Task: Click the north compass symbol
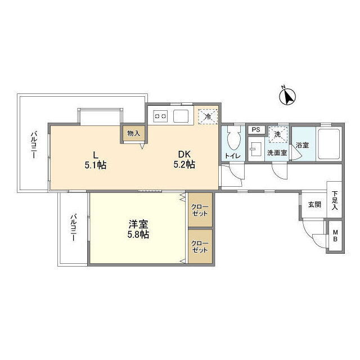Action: click(287, 96)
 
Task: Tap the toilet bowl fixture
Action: click(233, 138)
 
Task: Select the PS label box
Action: click(256, 129)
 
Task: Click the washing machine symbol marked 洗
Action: click(278, 134)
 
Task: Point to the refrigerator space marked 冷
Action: click(208, 116)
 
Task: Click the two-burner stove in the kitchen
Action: click(160, 116)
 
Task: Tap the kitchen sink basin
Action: click(181, 116)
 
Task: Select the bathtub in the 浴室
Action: click(328, 144)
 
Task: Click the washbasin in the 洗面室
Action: click(256, 149)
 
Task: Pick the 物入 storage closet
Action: click(133, 133)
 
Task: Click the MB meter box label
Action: click(335, 236)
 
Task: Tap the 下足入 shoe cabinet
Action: click(334, 200)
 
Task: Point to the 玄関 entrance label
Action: click(314, 204)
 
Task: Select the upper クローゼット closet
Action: click(200, 210)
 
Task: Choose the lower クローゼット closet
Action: click(200, 246)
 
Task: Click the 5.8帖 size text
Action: click(138, 235)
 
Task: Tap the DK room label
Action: click(184, 154)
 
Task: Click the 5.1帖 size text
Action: click(95, 165)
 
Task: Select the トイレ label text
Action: click(232, 156)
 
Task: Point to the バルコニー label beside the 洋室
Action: click(73, 227)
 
